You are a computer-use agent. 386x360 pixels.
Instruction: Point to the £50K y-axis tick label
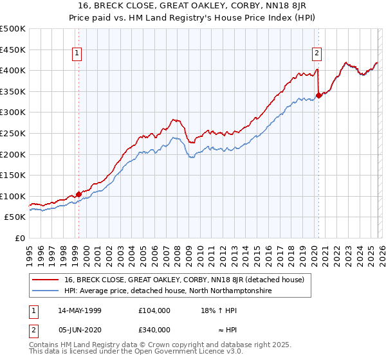(x=15, y=217)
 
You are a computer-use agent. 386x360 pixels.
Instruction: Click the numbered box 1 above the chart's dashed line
(x=77, y=54)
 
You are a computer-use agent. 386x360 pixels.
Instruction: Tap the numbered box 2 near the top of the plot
(x=317, y=54)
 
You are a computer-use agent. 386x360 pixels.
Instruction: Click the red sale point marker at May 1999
(x=78, y=194)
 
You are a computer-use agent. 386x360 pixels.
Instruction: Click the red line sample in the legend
(x=46, y=280)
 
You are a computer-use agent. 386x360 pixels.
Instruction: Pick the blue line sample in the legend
(x=46, y=291)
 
